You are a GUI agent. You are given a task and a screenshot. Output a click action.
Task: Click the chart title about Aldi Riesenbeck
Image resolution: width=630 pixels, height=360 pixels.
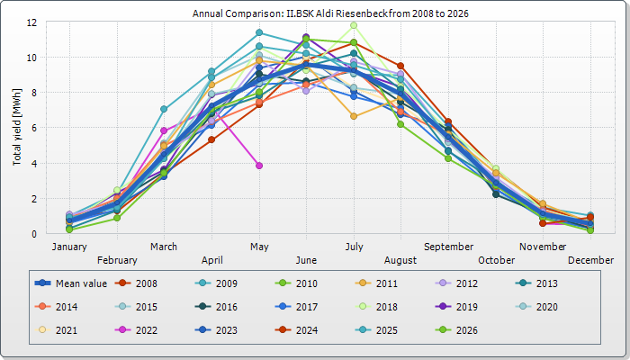331,14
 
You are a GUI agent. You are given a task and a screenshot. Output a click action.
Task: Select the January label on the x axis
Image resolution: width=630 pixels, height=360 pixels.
69,247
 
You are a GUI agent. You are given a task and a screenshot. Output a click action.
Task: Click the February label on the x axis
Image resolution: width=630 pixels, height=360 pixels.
117,260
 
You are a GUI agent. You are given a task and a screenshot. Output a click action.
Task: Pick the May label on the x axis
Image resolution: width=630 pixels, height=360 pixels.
259,247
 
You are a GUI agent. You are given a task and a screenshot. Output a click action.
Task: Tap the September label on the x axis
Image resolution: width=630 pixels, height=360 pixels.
449,247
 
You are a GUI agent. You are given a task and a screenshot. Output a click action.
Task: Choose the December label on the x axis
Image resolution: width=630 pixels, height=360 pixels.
591,260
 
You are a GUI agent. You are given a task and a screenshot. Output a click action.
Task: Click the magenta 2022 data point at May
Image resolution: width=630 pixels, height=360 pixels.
259,166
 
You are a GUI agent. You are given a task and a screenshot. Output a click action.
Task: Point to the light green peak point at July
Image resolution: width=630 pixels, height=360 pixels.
354,25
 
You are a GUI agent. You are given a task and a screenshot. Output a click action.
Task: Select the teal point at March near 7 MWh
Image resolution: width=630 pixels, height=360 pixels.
164,109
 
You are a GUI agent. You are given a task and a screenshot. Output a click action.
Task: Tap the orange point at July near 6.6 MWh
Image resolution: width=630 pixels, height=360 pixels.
354,116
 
